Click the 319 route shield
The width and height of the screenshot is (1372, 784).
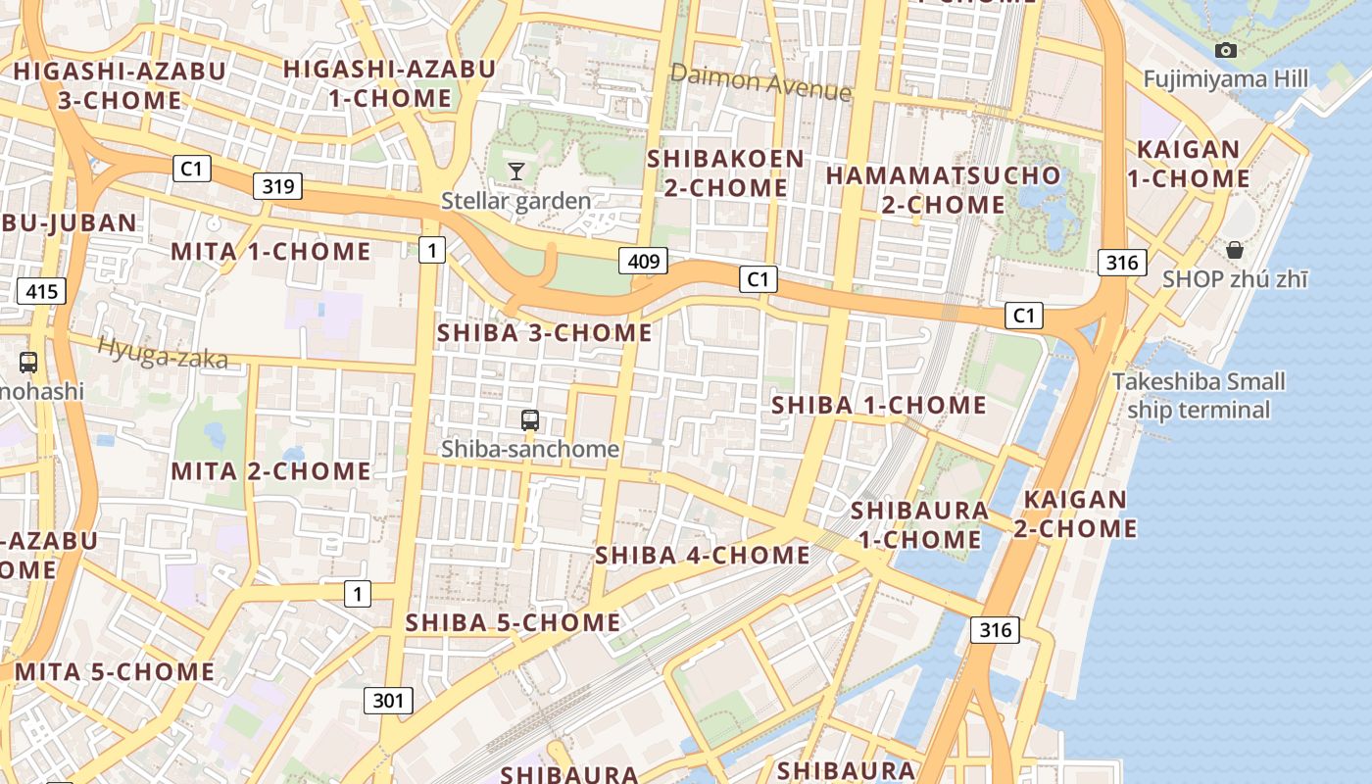[x=278, y=185]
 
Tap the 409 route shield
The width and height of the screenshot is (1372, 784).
[x=643, y=261]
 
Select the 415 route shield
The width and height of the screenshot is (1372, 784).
[x=41, y=290]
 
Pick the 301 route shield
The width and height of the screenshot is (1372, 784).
[x=388, y=700]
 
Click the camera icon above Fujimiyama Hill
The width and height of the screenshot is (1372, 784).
[x=1225, y=50]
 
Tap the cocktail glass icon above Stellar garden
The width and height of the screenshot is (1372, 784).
[x=515, y=171]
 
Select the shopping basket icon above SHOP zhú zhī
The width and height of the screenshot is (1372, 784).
[x=1234, y=250]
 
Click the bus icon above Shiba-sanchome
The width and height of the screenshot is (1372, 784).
[x=530, y=420]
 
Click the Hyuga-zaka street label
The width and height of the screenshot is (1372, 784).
[x=163, y=354]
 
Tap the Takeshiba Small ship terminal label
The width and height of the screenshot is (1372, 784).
[x=1199, y=395]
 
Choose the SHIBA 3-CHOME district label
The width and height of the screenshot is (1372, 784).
[x=544, y=333]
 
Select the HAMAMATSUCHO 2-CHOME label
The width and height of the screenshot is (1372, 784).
[x=943, y=190]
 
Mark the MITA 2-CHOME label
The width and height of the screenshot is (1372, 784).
[x=271, y=471]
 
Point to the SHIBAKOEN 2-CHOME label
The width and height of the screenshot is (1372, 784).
[x=725, y=172]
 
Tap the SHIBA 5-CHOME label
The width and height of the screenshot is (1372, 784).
[x=513, y=622]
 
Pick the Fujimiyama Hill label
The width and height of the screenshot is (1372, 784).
[x=1226, y=79]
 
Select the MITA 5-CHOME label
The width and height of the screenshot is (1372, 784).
[x=115, y=672]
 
